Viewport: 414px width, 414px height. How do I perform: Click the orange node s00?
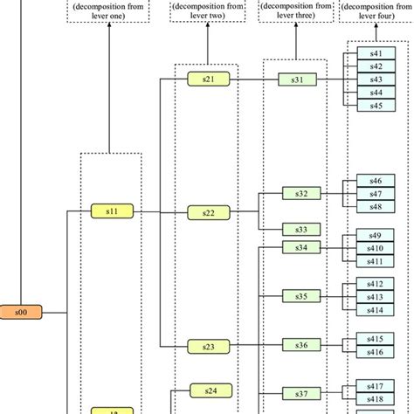[x=21, y=310]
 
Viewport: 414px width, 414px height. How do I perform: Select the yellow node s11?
[x=111, y=210]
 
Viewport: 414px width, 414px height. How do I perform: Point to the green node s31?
[x=297, y=79]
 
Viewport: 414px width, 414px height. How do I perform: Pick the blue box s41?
[x=376, y=54]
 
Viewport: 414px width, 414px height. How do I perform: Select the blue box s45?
[x=376, y=106]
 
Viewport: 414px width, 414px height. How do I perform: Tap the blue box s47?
[x=376, y=194]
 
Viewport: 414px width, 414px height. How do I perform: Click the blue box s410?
[x=376, y=248]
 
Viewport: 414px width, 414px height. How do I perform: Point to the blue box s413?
[x=376, y=297]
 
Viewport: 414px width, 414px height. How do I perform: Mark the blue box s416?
[x=376, y=351]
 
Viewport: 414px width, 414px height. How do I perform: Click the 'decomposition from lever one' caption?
[x=110, y=15]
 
